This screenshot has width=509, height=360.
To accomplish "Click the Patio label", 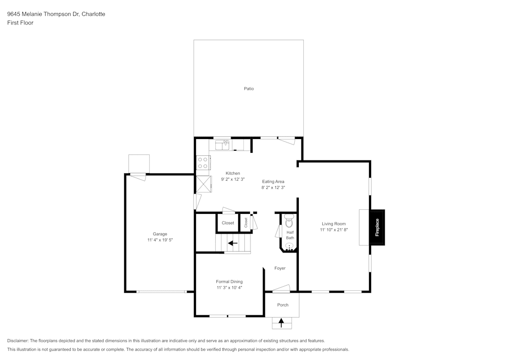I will pyautogui.click(x=248, y=89).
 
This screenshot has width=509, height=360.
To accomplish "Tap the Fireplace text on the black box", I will pyautogui.click(x=377, y=228).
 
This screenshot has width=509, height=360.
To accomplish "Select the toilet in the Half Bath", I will pyautogui.click(x=289, y=222).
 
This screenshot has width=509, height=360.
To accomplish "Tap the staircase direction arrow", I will pyautogui.click(x=233, y=243).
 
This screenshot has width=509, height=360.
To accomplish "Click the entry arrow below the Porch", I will pyautogui.click(x=281, y=322).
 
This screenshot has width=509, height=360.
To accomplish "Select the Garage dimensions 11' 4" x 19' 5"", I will pyautogui.click(x=160, y=239).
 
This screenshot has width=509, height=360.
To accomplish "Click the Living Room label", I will pyautogui.click(x=333, y=224).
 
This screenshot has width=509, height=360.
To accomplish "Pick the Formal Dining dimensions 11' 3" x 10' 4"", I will pyautogui.click(x=229, y=287).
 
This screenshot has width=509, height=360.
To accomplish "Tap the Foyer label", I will pyautogui.click(x=280, y=268).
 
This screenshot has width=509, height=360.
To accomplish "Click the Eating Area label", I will pyautogui.click(x=273, y=181).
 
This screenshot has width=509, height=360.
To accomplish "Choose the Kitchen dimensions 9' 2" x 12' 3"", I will pyautogui.click(x=233, y=179).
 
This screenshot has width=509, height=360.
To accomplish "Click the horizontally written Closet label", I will pyautogui.click(x=228, y=223).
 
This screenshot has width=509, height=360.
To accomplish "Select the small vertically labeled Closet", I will pyautogui.click(x=246, y=223).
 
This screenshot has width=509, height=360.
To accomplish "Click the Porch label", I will pyautogui.click(x=282, y=305).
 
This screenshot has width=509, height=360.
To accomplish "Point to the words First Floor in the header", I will pyautogui.click(x=20, y=23).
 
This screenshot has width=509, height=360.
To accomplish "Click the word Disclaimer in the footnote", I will pyautogui.click(x=18, y=340).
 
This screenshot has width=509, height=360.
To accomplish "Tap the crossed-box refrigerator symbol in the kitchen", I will pyautogui.click(x=203, y=184).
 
